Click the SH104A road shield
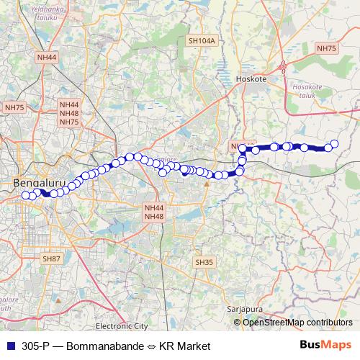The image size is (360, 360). [x=202, y=42]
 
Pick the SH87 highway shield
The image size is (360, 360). [x=51, y=258]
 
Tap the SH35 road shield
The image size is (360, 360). [x=204, y=262]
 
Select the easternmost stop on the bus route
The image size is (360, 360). [x=334, y=143]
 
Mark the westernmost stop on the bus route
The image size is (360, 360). [x=26, y=195]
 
